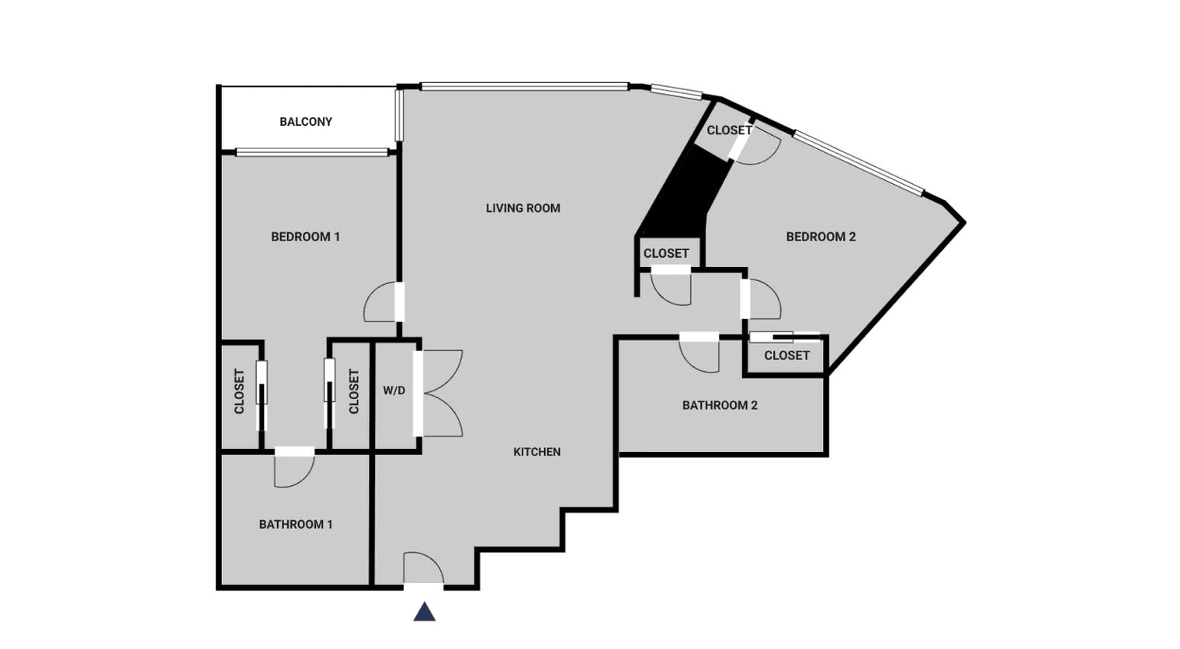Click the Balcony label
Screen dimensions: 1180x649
(306, 122)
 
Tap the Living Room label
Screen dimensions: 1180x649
(523, 208)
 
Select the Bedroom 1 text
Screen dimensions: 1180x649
(306, 237)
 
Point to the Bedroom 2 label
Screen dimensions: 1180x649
(821, 237)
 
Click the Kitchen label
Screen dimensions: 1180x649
(536, 452)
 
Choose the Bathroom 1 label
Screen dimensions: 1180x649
(296, 525)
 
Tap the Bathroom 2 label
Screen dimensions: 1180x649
(720, 405)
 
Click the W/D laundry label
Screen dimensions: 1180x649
(394, 391)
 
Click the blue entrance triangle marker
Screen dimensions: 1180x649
(425, 612)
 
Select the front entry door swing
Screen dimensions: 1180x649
(424, 568)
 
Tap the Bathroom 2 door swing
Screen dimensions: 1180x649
(699, 352)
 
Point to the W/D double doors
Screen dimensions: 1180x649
(439, 394)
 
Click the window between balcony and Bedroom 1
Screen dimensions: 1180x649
(312, 153)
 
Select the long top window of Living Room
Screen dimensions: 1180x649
(525, 86)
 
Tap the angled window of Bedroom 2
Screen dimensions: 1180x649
(859, 163)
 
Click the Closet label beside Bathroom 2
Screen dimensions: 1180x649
(786, 356)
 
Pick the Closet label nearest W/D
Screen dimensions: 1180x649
(354, 391)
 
